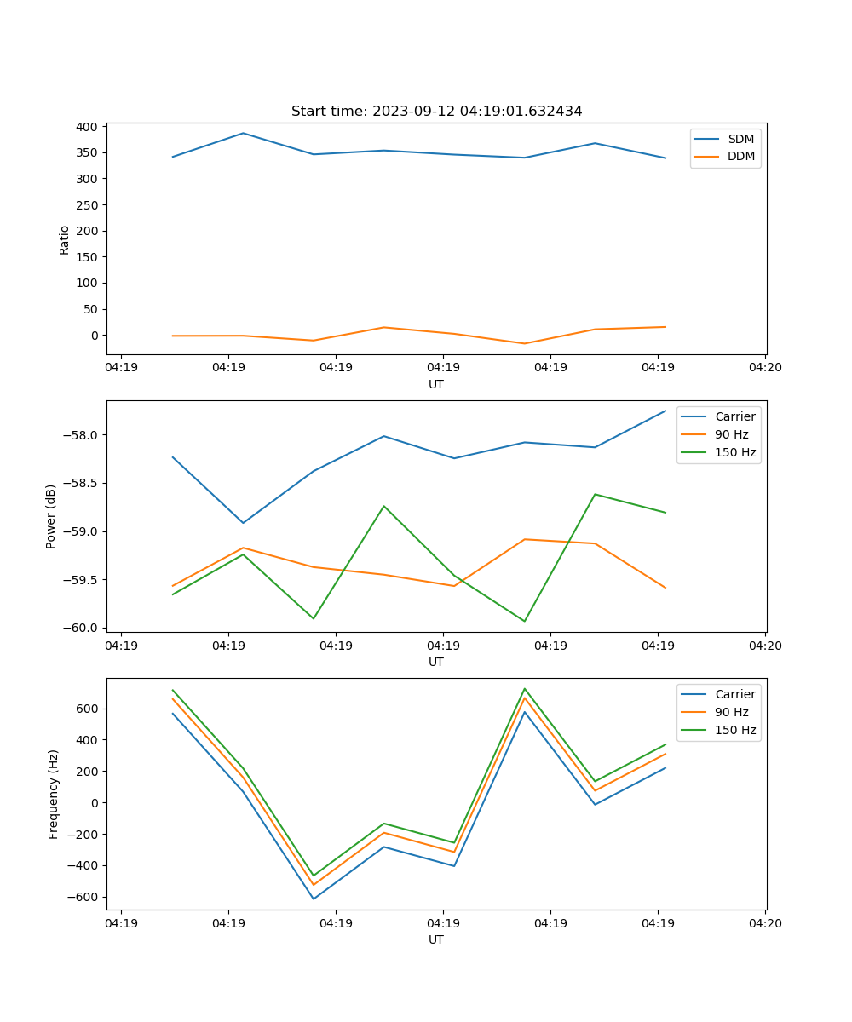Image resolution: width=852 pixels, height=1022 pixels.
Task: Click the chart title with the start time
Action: (x=436, y=112)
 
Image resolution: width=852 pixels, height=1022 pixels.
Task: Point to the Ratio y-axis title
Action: (x=65, y=239)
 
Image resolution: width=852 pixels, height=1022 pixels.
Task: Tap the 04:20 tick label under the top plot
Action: (x=764, y=368)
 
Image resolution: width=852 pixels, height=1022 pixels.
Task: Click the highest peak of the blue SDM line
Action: (x=243, y=133)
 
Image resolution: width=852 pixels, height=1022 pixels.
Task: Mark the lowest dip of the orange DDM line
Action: (x=524, y=343)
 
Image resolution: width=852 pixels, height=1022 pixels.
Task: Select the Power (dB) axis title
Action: (x=51, y=516)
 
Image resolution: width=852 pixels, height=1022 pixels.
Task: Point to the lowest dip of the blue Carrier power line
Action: (x=243, y=523)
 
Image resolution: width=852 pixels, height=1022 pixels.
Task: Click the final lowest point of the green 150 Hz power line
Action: (x=524, y=621)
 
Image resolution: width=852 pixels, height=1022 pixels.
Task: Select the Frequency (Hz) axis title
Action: (x=54, y=794)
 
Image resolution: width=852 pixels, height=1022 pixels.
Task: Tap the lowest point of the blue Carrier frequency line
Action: (x=314, y=899)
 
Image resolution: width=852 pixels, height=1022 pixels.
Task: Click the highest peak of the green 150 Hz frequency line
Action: (x=524, y=689)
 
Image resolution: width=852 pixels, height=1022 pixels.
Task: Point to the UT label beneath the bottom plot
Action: (x=436, y=939)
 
